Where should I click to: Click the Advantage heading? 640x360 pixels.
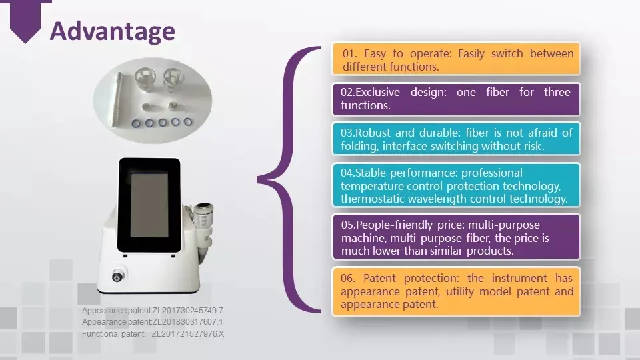pyautogui.click(x=112, y=32)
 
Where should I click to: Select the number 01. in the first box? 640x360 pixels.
pyautogui.click(x=350, y=54)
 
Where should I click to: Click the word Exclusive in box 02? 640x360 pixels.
pyautogui.click(x=377, y=92)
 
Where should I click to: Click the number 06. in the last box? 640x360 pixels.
pyautogui.click(x=348, y=279)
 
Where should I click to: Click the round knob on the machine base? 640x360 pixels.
pyautogui.click(x=117, y=277)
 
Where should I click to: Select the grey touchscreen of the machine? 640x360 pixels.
pyautogui.click(x=149, y=205)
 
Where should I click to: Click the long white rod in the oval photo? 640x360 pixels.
pyautogui.click(x=115, y=99)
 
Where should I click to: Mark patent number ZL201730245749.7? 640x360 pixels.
pyautogui.click(x=188, y=311)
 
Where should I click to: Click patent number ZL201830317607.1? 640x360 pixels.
pyautogui.click(x=188, y=322)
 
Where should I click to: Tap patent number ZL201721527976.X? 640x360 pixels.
pyautogui.click(x=188, y=334)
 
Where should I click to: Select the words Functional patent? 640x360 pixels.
pyautogui.click(x=114, y=334)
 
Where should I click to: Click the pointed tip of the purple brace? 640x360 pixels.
pyautogui.click(x=258, y=179)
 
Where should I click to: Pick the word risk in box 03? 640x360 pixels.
pyautogui.click(x=534, y=146)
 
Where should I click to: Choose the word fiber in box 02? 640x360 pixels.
pyautogui.click(x=497, y=92)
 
